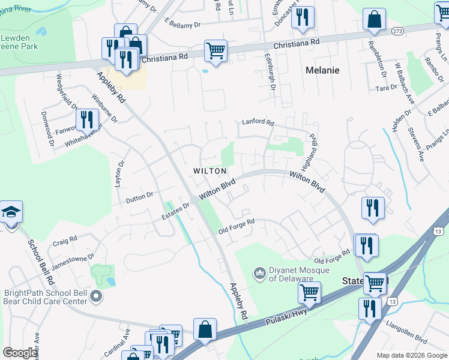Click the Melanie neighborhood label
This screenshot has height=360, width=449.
point(322,70)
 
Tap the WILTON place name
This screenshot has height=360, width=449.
point(209,171)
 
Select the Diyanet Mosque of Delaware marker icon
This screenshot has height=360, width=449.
point(260,274)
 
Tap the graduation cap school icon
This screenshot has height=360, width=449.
point(10,214)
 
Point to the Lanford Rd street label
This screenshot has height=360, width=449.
point(258,122)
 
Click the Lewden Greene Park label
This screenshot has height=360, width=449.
point(19,41)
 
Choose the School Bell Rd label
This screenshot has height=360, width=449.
point(40,262)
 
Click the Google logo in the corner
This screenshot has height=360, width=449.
point(20,353)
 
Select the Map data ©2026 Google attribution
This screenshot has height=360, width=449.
point(412,355)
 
